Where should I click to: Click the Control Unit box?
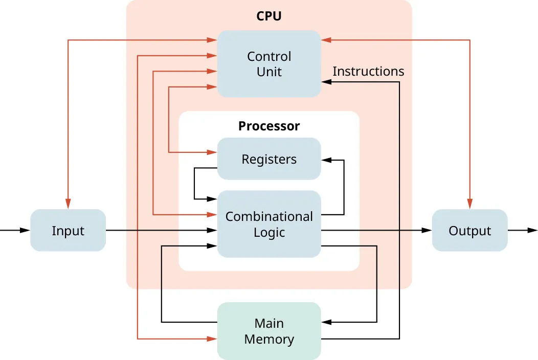pos(269,64)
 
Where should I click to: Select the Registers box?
pos(269,159)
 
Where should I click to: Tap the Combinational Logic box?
pos(269,224)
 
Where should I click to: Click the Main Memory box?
pos(269,331)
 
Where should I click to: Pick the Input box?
pos(68,231)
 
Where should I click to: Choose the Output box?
pos(469,231)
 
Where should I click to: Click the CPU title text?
pos(269,16)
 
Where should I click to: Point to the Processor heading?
pos(269,126)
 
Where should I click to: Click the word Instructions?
pos(368,72)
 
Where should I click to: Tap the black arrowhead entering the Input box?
pos(26,231)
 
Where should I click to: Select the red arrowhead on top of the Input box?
pos(68,205)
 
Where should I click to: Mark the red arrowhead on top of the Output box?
pos(469,205)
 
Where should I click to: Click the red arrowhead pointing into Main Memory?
pos(213,339)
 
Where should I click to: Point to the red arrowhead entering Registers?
pos(213,152)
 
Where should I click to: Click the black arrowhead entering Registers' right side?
pos(326,160)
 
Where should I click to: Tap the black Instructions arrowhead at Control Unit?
pos(326,82)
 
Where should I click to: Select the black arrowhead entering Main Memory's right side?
pos(326,322)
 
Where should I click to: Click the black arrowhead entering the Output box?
pos(427,231)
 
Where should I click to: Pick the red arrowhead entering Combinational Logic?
pos(213,215)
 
